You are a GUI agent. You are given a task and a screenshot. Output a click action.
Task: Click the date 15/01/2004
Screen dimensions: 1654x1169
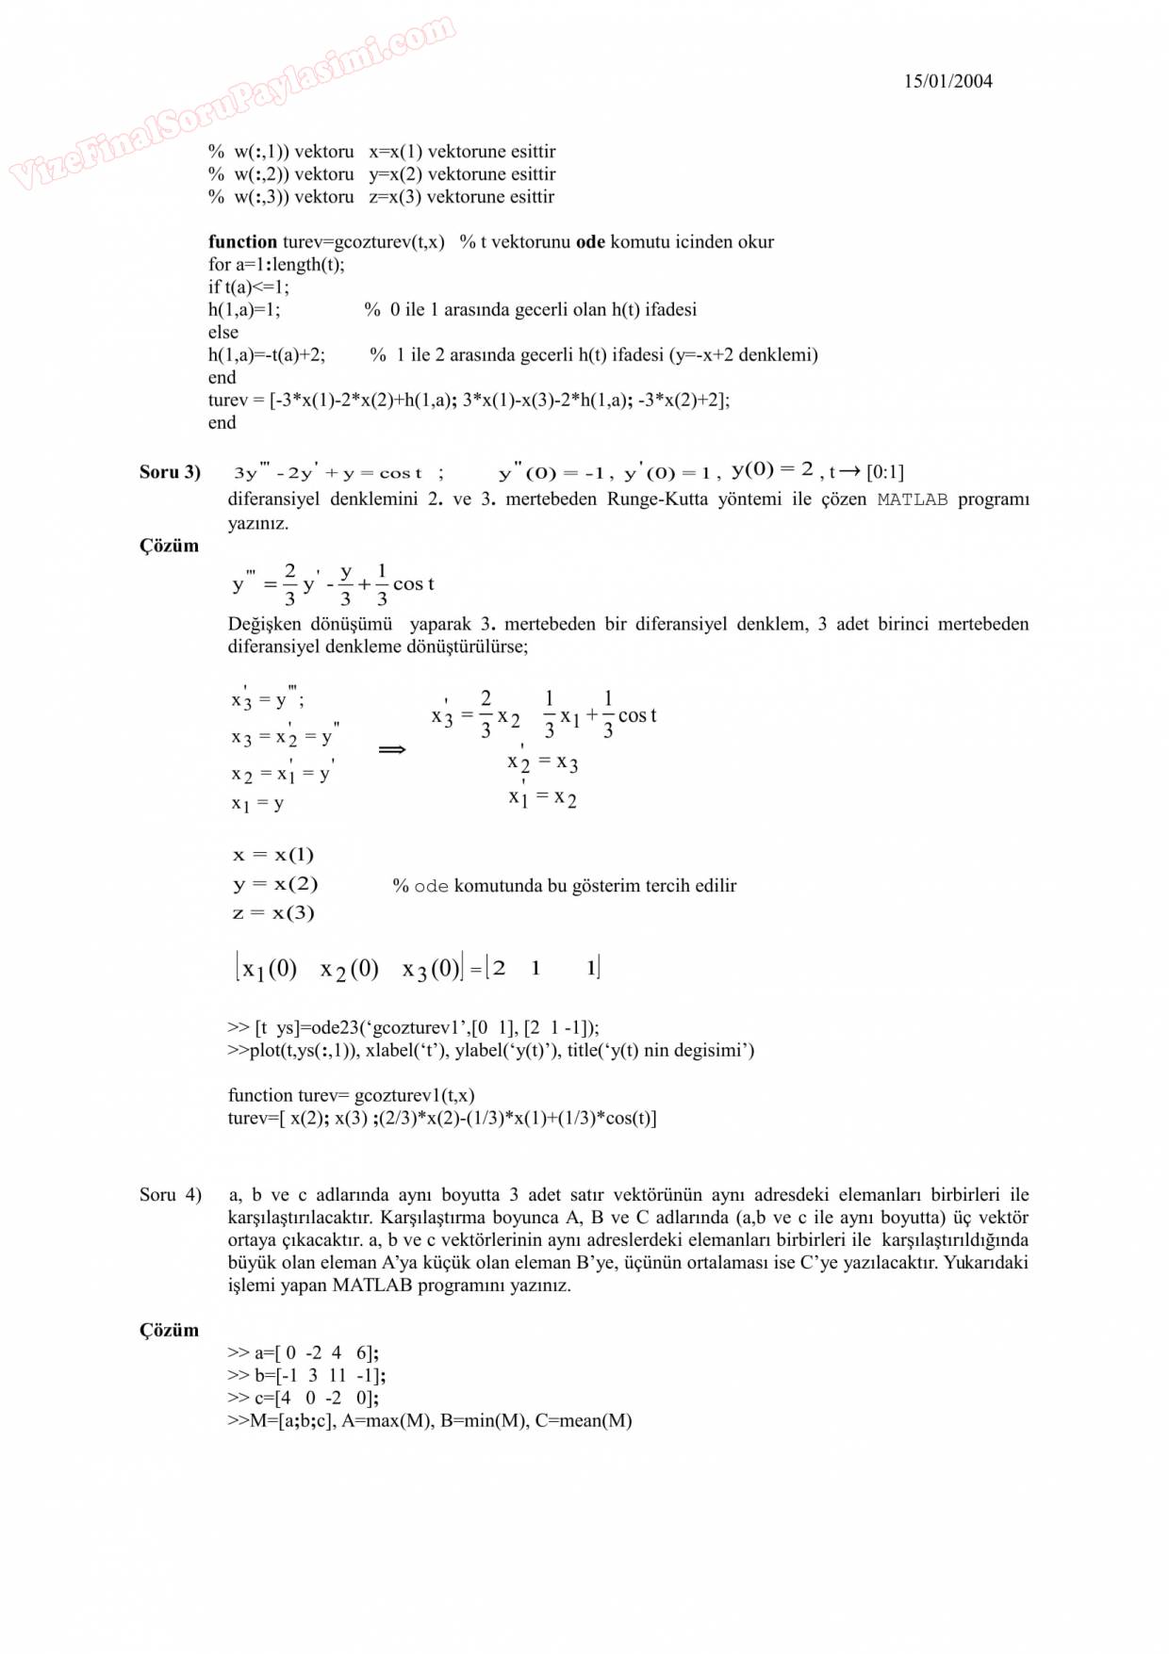947,81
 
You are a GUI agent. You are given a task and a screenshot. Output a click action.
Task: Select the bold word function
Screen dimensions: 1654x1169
242,242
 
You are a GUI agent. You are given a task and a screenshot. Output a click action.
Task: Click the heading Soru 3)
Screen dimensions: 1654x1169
170,472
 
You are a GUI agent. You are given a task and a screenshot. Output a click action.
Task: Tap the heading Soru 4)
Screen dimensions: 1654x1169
170,1195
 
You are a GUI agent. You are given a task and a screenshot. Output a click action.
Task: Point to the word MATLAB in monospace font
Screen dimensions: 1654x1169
912,499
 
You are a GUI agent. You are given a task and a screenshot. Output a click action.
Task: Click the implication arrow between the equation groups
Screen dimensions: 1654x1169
391,750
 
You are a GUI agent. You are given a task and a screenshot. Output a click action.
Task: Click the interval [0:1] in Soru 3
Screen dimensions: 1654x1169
884,472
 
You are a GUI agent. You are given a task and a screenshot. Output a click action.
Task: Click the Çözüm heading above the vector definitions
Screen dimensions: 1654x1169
169,1331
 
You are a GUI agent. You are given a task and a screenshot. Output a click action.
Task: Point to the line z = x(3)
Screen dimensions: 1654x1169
273,913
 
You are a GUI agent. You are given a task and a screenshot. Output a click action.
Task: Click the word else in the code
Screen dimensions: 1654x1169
223,333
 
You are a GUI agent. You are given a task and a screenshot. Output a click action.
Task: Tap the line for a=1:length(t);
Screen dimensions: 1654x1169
276,265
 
